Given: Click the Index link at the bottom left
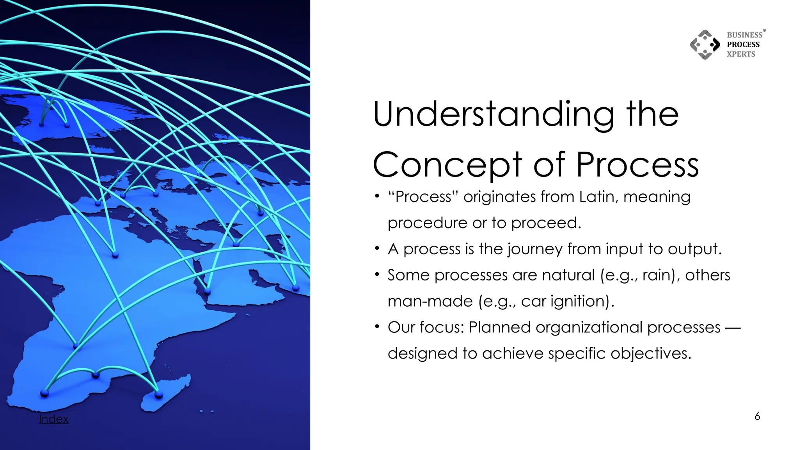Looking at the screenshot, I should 53,419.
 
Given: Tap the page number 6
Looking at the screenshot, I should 757,416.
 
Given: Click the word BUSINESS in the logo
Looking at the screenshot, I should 744,35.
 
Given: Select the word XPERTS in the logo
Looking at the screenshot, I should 740,54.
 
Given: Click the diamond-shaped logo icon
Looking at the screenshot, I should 705,45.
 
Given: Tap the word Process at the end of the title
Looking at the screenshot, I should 637,165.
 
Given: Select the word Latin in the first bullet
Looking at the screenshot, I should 598,196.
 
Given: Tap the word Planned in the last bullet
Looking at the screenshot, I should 499,327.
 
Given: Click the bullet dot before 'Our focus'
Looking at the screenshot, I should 376,326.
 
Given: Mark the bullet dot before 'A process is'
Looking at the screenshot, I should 376,248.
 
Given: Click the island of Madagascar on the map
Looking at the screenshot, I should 166,393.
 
